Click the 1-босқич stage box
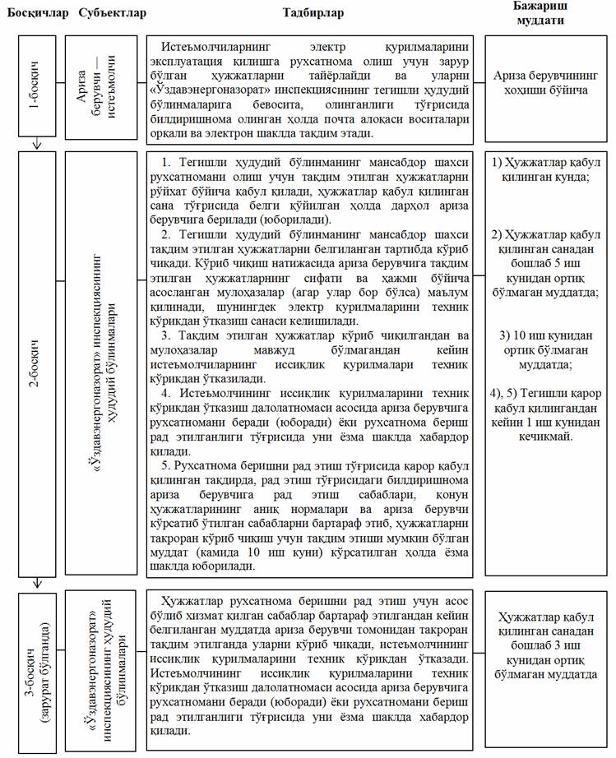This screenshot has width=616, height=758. [35, 89]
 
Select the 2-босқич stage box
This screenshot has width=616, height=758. [35, 364]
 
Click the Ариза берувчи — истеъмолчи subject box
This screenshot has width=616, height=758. [101, 89]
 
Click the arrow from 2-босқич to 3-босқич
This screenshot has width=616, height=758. [35, 583]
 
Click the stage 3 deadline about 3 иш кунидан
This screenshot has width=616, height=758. [546, 645]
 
